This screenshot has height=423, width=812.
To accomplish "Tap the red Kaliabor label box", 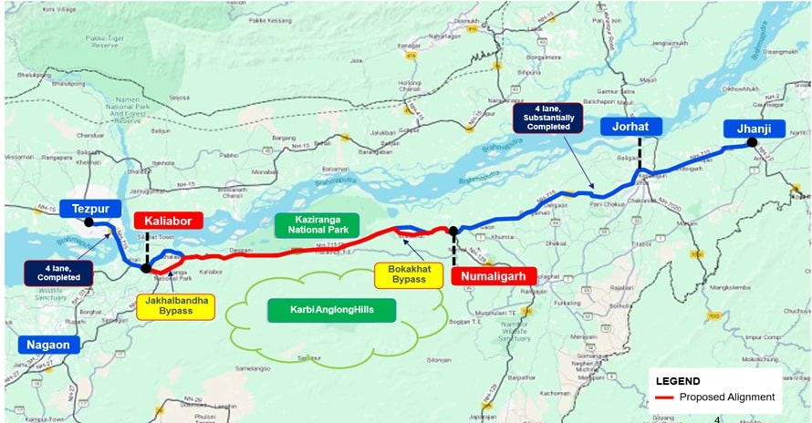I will (165, 221).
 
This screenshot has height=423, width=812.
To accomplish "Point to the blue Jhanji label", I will (754, 129).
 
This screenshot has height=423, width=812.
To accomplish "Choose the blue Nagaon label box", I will (48, 345).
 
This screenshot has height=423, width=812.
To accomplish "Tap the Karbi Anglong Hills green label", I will (333, 310).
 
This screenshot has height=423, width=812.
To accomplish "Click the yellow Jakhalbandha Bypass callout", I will (176, 306).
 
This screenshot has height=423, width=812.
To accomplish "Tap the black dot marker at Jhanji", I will (751, 142).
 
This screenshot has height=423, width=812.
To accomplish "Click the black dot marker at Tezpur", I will (88, 222).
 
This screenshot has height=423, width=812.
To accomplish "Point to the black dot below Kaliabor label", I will (146, 268).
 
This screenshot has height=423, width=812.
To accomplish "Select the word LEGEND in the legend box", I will (678, 381).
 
